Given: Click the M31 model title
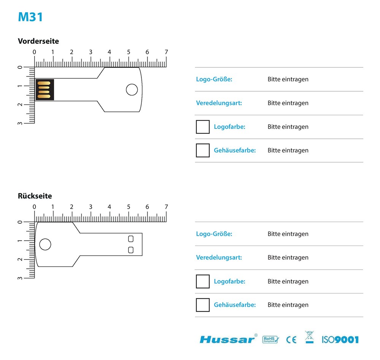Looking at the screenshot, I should [x=30, y=17].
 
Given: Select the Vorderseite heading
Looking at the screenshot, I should [x=38, y=41].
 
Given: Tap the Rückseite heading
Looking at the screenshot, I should [x=35, y=196].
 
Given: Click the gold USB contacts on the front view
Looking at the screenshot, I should [x=44, y=90].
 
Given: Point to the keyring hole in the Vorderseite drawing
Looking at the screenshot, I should [x=132, y=90].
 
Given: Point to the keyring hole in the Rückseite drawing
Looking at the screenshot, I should [x=45, y=244].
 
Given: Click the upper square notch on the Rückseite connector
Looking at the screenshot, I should [x=131, y=239].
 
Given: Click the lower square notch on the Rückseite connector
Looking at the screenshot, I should [x=131, y=250].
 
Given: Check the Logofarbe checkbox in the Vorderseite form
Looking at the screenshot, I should [x=203, y=127].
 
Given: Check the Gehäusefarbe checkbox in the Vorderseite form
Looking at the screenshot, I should [x=203, y=151].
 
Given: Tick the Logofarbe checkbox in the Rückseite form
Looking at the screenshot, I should [x=203, y=282].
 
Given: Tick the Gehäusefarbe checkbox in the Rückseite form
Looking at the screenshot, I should [x=203, y=305].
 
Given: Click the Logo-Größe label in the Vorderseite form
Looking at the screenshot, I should [x=214, y=79].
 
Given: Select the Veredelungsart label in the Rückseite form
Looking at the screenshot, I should [x=219, y=258].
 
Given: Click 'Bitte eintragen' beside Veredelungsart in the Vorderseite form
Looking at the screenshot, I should [x=288, y=103].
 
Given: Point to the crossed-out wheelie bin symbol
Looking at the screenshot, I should [x=310, y=337].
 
